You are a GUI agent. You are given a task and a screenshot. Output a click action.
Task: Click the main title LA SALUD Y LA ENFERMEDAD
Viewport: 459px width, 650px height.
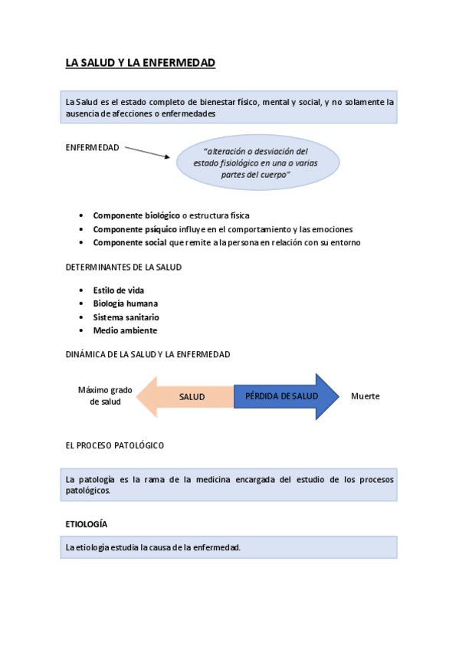(x=140, y=63)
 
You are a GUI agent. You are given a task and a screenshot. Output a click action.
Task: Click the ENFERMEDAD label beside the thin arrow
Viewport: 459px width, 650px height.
(x=92, y=148)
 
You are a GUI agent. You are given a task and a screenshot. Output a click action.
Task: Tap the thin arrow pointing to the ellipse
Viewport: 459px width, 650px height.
(x=146, y=152)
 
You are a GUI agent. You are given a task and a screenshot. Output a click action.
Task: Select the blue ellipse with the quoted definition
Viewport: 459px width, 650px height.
(x=257, y=162)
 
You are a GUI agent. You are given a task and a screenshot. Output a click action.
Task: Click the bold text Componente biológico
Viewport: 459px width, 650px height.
(x=136, y=215)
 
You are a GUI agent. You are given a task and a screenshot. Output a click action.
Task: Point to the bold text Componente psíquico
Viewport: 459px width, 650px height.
(x=135, y=229)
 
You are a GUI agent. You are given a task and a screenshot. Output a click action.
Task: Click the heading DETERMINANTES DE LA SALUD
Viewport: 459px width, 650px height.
(x=123, y=268)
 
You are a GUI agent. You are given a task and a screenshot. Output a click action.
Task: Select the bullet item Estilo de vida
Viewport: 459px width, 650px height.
(x=118, y=291)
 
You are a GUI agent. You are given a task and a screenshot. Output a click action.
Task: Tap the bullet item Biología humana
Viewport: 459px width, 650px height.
(x=125, y=304)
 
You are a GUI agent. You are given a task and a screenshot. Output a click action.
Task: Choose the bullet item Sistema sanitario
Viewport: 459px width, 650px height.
(x=126, y=317)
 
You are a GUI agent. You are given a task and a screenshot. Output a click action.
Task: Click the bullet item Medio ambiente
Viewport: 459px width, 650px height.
(x=125, y=330)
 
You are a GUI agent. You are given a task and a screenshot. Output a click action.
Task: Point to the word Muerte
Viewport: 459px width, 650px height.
(x=366, y=396)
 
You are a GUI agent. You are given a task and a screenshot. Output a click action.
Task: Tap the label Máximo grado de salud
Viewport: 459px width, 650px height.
(x=105, y=396)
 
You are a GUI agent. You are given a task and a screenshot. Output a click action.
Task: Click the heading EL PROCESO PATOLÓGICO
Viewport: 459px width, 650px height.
(x=115, y=445)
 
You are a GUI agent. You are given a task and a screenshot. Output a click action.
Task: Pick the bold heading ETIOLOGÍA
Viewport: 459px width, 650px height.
(x=86, y=524)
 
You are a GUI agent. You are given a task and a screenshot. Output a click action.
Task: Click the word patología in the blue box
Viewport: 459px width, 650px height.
(x=94, y=480)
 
